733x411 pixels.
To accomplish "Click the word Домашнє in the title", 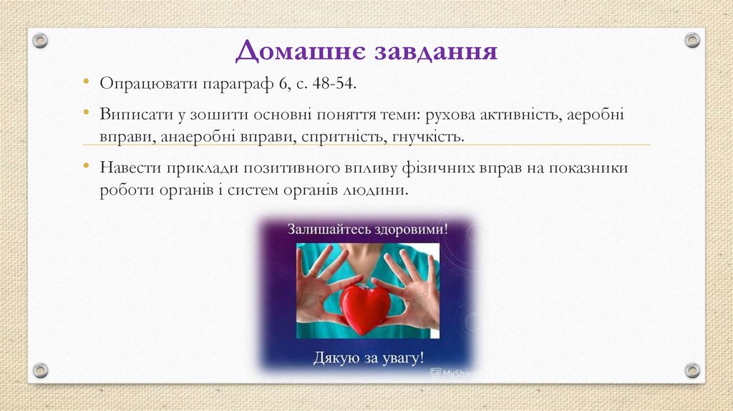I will tap(291, 52).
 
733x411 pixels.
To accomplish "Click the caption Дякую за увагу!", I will tap(368, 357).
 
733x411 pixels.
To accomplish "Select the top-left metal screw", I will tap(41, 41).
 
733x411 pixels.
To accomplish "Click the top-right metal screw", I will tap(691, 41).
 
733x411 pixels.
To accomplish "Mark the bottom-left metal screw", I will tap(41, 370).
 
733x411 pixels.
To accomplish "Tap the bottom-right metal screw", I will tap(691, 370).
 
